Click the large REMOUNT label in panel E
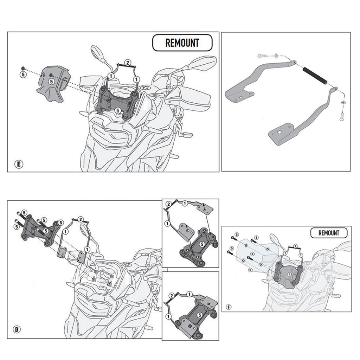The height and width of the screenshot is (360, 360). [x=182, y=43]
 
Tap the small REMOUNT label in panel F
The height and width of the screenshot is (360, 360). [x=329, y=233]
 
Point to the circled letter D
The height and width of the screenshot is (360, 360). [x=17, y=329]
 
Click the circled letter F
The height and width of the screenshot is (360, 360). [x=229, y=307]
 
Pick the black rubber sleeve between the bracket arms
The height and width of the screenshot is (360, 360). [x=316, y=76]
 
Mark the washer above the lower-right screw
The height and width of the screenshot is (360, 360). [x=343, y=102]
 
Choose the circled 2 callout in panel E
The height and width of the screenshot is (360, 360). [x=128, y=63]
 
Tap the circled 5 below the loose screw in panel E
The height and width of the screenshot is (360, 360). [x=23, y=75]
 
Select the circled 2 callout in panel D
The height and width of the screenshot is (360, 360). [x=81, y=219]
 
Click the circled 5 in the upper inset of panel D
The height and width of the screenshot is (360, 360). [x=201, y=244]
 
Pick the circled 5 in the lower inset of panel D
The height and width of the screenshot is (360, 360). [x=199, y=315]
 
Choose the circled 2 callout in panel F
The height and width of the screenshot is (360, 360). [x=295, y=246]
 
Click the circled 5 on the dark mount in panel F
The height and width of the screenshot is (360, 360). [x=290, y=273]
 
